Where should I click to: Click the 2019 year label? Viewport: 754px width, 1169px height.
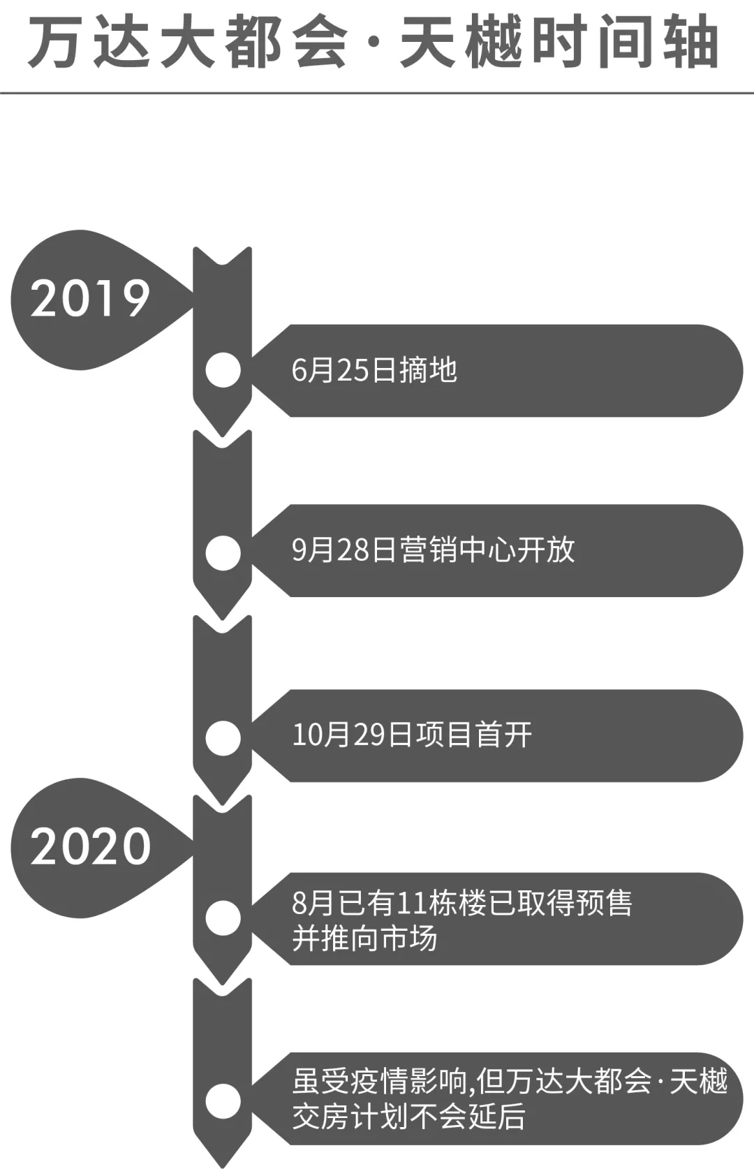[x=90, y=298]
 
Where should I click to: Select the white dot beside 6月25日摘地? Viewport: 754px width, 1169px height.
[x=223, y=370]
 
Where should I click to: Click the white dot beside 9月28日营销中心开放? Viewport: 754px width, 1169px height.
[x=223, y=552]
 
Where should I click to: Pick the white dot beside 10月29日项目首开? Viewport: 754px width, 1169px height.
[x=223, y=738]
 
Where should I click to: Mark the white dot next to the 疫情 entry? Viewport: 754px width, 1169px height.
[x=223, y=1101]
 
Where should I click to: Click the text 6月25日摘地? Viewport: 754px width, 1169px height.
[x=374, y=370]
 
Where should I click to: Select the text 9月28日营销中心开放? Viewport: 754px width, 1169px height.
[x=433, y=550]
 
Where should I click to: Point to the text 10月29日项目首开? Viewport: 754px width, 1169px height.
[x=412, y=735]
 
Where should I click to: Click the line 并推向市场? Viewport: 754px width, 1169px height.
[x=364, y=938]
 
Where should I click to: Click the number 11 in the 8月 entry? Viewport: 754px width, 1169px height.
[x=412, y=904]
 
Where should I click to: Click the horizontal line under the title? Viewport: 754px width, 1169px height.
[x=377, y=93]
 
